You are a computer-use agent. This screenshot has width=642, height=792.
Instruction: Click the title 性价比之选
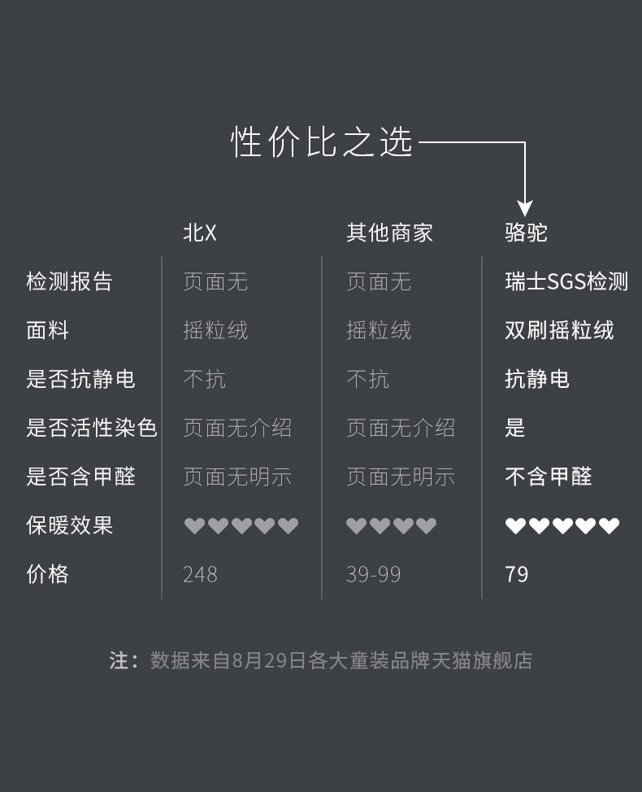point(323,142)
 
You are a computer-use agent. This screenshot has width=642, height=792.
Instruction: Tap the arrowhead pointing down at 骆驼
point(525,207)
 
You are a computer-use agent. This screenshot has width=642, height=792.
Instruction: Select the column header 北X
point(200,233)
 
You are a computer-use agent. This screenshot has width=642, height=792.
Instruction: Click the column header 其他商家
point(389,233)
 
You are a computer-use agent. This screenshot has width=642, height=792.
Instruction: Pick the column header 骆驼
point(526,233)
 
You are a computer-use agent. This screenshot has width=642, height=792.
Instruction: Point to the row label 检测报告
point(69,282)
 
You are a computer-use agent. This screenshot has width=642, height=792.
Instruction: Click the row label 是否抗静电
point(80,380)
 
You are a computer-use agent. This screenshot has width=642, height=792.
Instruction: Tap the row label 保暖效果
point(69,525)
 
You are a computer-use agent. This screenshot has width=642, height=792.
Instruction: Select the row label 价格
point(47,574)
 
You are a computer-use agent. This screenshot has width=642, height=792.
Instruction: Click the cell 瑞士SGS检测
point(566,282)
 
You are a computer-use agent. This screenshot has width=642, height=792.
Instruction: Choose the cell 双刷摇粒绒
point(559,331)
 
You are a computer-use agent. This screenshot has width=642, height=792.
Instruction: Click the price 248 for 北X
point(200,575)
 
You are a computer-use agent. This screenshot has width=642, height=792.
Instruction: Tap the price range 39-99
point(373,575)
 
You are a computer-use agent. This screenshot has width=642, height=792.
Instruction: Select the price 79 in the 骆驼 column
point(517,575)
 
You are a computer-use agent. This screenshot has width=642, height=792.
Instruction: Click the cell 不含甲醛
point(549,477)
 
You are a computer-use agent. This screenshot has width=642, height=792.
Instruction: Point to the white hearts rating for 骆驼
point(562,526)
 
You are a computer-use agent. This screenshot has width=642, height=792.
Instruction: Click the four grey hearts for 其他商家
point(391,526)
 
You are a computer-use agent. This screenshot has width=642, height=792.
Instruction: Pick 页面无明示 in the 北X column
point(237,477)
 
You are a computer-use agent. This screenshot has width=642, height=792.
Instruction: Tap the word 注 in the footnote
point(119,660)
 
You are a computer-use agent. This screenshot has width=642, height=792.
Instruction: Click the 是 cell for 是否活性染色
point(515,428)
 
